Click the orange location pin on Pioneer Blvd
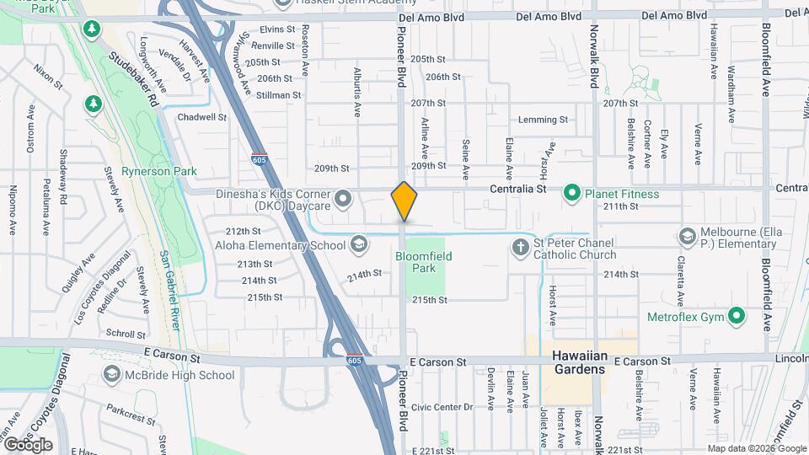(404, 201)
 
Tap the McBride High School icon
(111, 375)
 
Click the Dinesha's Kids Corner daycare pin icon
(342, 199)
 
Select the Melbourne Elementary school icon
(687, 235)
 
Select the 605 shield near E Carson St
(354, 360)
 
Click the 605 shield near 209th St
(260, 158)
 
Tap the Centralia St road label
(518, 190)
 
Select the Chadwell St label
(202, 117)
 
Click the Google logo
(27, 444)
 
